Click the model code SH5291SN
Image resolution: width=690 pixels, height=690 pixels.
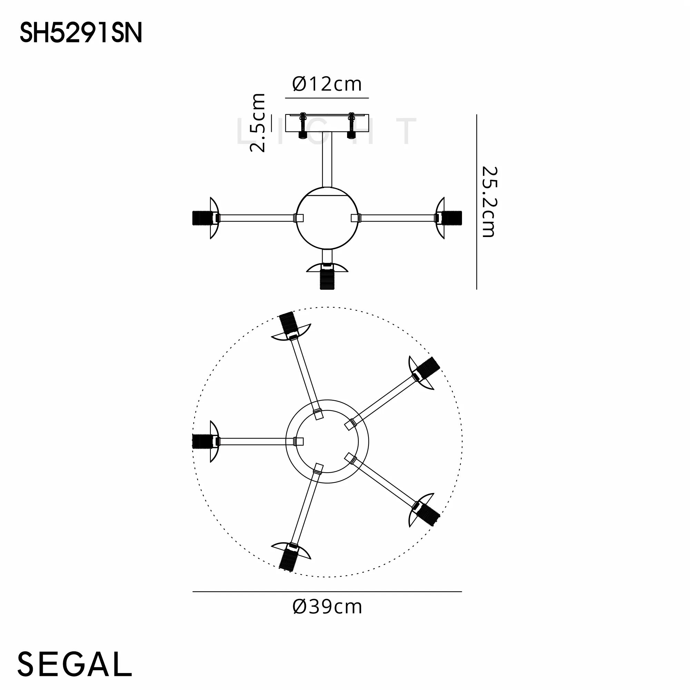[81, 33]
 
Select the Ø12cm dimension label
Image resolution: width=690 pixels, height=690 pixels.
[327, 84]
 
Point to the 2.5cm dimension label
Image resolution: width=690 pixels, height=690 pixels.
[258, 123]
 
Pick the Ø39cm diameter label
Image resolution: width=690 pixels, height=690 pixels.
[327, 607]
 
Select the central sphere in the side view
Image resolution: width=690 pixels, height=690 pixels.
[327, 218]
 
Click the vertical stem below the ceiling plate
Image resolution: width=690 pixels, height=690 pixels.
[327, 159]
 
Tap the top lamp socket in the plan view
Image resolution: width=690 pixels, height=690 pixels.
[287, 323]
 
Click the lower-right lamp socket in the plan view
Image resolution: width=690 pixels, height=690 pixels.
[428, 515]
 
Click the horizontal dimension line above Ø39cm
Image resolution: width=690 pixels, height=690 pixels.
[327, 592]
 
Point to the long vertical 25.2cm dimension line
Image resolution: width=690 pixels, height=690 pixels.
[476, 202]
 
